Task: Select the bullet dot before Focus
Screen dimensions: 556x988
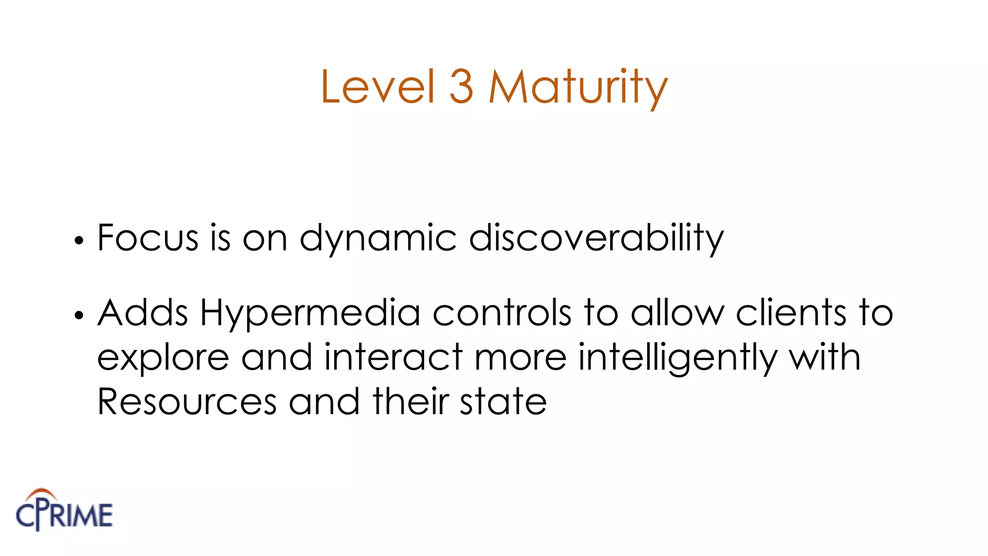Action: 79,240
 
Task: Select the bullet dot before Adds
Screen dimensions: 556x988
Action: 79,315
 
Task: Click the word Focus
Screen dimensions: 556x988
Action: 148,237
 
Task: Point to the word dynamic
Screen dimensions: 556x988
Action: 378,238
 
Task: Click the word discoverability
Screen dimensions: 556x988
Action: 596,238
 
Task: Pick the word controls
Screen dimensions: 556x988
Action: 502,313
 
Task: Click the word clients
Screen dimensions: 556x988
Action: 791,313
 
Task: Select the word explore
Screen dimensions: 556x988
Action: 163,358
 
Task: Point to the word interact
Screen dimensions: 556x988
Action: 393,357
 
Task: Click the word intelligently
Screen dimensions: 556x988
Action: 677,358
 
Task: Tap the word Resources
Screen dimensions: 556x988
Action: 187,402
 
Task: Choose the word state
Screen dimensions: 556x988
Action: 503,402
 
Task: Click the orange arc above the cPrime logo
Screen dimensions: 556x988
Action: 42,493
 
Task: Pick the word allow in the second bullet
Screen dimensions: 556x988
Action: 677,313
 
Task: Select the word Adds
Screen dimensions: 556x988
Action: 143,313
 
